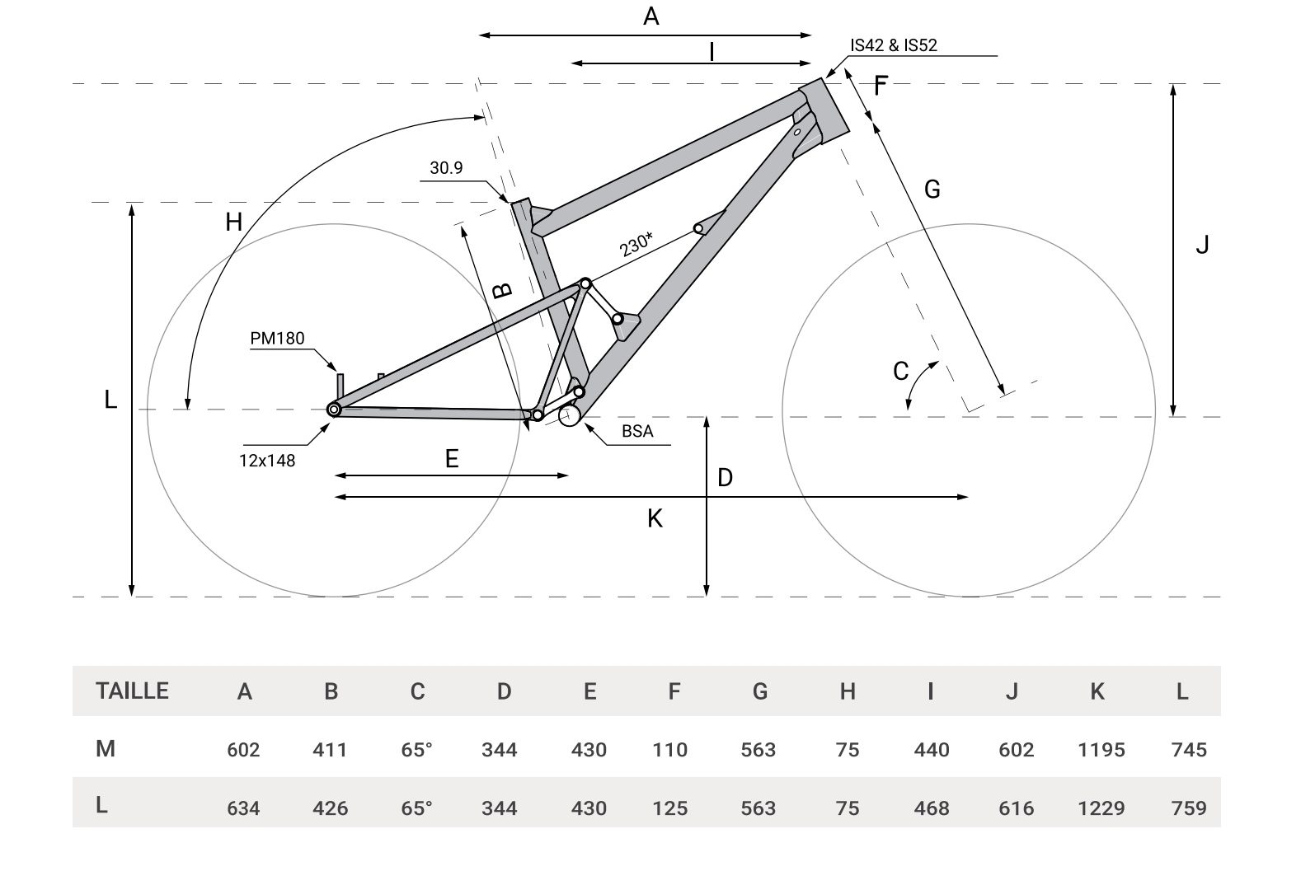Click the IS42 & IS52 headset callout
(894, 44)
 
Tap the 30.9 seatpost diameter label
(446, 168)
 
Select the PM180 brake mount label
(277, 338)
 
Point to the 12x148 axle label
(267, 460)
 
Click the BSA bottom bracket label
(637, 431)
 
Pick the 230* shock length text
(636, 244)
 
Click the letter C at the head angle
(900, 372)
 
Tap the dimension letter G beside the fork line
(932, 190)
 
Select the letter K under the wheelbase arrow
(655, 518)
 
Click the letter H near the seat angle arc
(233, 222)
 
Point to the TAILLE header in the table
(132, 691)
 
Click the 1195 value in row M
(1101, 750)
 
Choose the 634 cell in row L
(243, 808)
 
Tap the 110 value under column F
(669, 750)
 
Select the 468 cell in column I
(931, 808)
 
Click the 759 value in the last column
(1188, 808)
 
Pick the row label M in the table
(105, 749)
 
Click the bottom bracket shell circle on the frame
(569, 416)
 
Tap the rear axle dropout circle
(334, 409)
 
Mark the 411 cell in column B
(330, 750)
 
